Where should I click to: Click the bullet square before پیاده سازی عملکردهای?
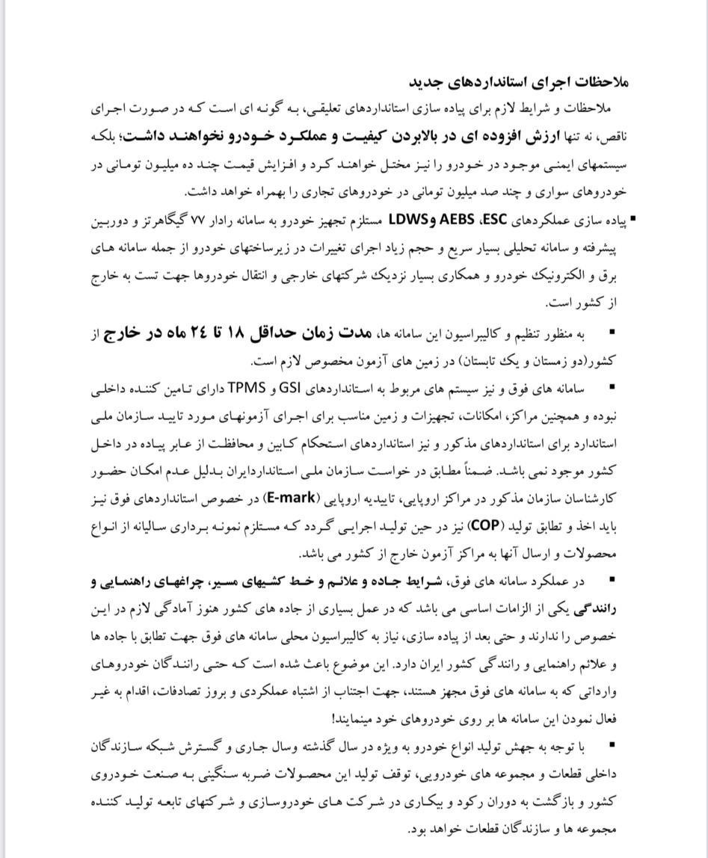tap(630, 220)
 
